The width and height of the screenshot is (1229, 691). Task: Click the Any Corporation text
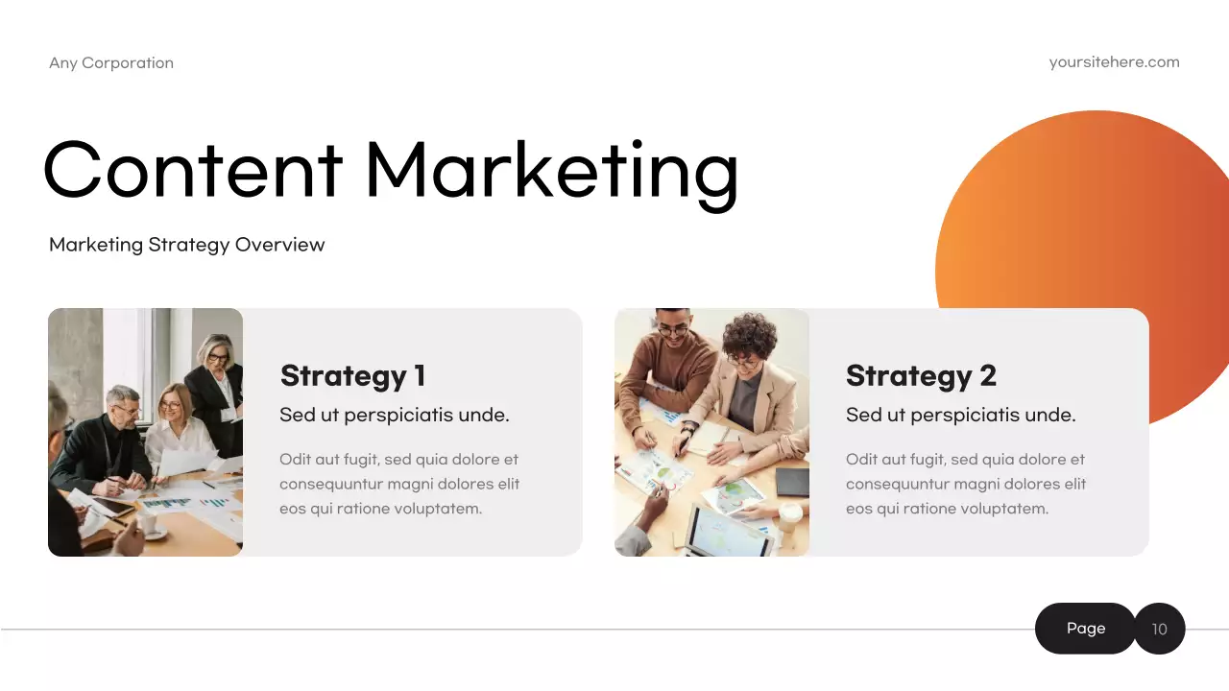point(111,63)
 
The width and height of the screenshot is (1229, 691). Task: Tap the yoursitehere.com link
point(1114,62)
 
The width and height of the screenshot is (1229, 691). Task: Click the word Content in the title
point(192,169)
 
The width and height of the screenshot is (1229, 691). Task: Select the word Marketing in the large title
point(551,171)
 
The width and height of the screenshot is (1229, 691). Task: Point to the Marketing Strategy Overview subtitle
point(186,245)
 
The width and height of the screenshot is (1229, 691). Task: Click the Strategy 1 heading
point(352,375)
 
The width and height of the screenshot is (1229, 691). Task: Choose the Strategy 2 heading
point(921,375)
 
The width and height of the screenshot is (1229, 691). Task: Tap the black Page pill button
point(1085,629)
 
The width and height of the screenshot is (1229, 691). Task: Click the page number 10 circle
point(1160,630)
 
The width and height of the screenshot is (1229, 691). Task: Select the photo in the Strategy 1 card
point(145,432)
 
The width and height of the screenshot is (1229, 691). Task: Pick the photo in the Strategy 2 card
point(711,432)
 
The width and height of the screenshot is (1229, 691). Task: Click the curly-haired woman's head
point(746,341)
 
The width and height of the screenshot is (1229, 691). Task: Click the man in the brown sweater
point(667,369)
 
